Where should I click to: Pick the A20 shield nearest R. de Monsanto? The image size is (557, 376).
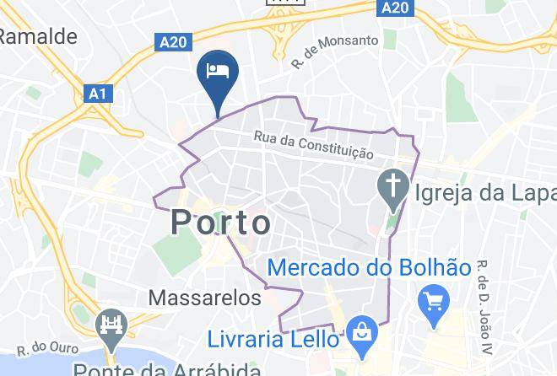click(x=392, y=7)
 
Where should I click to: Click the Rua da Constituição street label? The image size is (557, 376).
click(x=314, y=147)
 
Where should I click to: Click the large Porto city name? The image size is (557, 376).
click(x=222, y=223)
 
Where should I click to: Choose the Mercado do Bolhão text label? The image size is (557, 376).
click(x=369, y=268)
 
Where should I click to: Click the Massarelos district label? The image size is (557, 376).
click(x=205, y=298)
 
